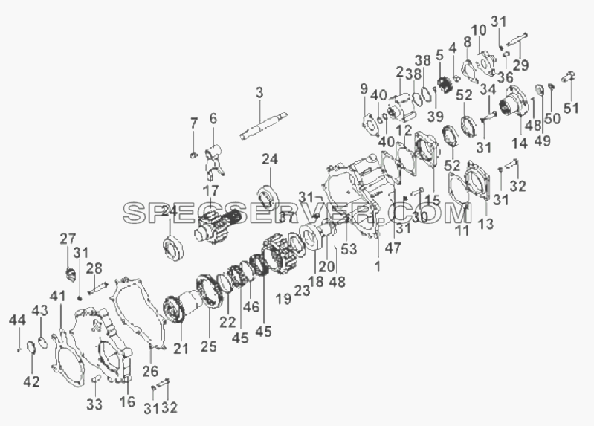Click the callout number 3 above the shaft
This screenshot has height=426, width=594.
259,93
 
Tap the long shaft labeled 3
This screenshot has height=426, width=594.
264,126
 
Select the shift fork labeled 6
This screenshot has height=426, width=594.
214,162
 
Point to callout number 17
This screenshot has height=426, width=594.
210,191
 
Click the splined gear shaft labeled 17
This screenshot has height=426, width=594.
219,226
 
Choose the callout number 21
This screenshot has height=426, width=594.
181,347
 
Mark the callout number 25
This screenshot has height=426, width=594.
209,346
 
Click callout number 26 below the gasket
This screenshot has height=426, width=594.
150,371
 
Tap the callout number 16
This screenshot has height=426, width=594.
127,401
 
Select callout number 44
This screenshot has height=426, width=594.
17,320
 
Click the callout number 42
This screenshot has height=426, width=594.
31,381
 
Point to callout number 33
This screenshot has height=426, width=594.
94,404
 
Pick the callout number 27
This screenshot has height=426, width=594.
68,239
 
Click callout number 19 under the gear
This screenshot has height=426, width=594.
284,298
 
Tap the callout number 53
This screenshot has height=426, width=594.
349,248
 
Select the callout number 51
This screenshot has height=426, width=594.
571,108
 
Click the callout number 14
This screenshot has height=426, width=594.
520,143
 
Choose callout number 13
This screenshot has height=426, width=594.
486,224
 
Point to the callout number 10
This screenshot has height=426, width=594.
479,30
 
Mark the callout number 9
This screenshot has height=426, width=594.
364,89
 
